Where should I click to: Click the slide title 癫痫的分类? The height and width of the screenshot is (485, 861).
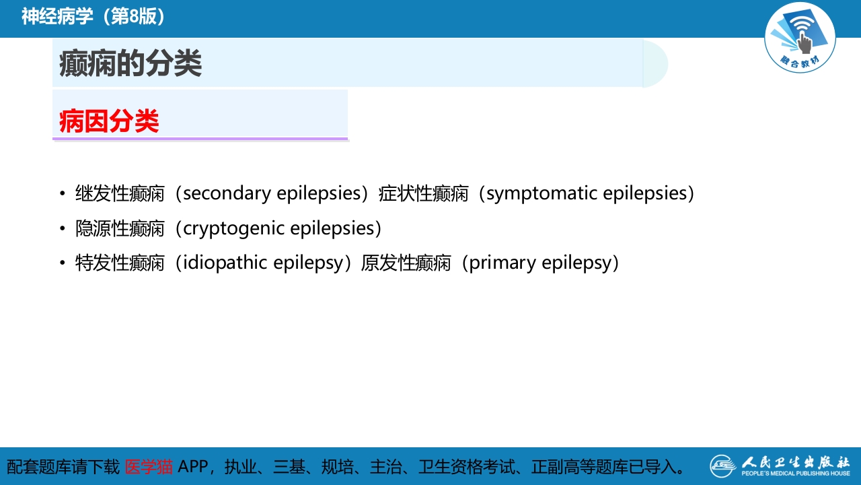coord(130,64)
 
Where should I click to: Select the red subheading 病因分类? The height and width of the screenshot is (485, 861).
coord(109,121)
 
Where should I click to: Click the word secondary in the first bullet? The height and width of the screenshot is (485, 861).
coord(226,193)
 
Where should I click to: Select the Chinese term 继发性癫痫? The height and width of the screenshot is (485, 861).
coord(120,193)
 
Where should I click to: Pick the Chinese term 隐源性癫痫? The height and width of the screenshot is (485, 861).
coord(120,228)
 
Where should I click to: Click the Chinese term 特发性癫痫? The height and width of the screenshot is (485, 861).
coord(120,262)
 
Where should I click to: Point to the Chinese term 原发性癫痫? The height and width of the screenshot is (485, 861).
coord(406,262)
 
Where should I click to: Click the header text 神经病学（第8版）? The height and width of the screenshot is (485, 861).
coord(93,17)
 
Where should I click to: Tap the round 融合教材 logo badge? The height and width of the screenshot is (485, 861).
coord(800,38)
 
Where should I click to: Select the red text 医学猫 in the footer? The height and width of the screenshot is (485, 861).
coord(149,466)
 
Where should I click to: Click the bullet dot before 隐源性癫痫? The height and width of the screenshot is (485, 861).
coord(62,229)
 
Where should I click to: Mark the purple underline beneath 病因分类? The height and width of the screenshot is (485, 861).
coord(200,139)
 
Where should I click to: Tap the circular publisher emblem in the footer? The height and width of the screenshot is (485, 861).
coord(723,466)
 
